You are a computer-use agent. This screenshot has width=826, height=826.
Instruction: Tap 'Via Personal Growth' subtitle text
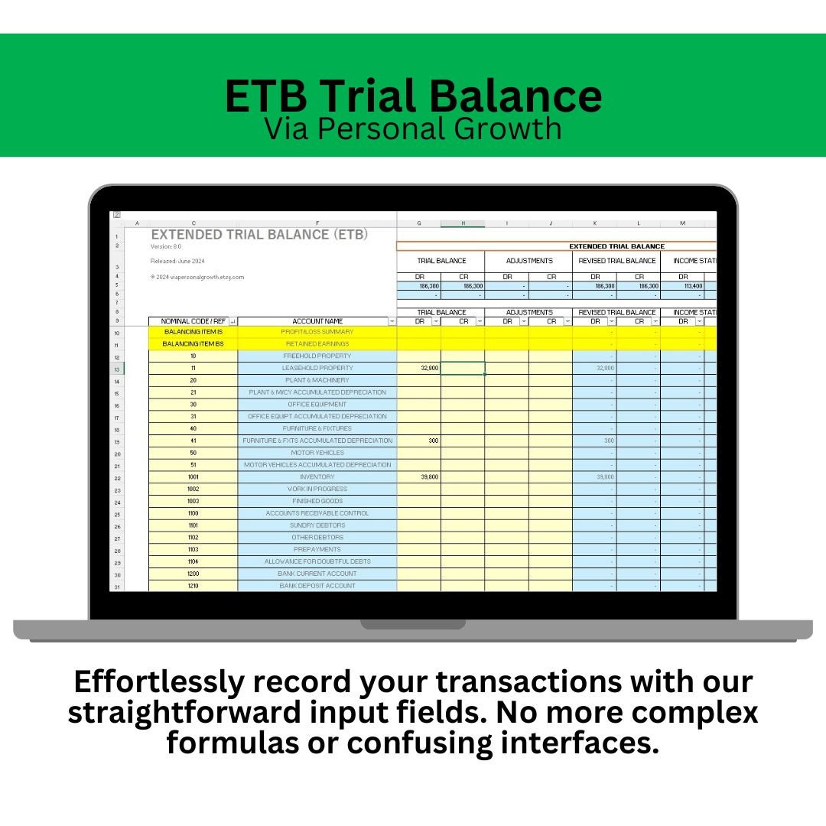(x=413, y=128)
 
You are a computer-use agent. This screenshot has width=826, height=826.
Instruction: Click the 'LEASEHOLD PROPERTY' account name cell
(x=317, y=368)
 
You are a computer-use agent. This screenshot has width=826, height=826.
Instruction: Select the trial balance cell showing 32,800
(x=419, y=368)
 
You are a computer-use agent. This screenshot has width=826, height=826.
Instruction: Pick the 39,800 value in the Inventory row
(x=419, y=476)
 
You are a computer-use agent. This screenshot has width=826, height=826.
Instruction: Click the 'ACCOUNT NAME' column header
(x=317, y=321)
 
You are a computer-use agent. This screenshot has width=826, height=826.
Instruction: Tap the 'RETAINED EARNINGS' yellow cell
(x=317, y=344)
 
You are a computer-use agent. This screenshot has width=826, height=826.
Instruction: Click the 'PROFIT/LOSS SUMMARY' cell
(x=317, y=332)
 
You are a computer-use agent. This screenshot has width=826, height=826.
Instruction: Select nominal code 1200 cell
(x=193, y=574)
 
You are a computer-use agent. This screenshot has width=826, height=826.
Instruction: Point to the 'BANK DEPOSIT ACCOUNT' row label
(x=317, y=586)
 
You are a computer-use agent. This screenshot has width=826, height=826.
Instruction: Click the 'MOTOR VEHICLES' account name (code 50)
(x=317, y=453)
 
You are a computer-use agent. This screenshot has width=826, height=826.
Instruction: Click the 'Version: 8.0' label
(x=167, y=246)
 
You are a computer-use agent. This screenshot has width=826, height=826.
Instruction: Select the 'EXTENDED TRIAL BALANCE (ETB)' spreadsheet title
(x=259, y=234)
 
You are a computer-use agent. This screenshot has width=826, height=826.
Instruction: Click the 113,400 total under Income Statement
(x=682, y=286)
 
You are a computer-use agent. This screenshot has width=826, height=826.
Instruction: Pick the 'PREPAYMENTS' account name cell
(x=317, y=549)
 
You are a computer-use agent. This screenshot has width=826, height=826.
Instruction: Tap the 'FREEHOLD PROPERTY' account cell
(x=317, y=356)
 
